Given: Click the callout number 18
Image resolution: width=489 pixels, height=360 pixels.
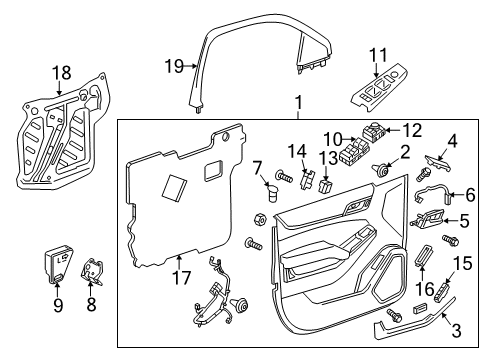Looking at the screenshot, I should click(x=62, y=72).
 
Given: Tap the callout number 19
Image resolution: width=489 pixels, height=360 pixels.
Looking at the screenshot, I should click(x=174, y=67).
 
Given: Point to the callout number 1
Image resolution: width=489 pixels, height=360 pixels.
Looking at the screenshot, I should click(x=297, y=103).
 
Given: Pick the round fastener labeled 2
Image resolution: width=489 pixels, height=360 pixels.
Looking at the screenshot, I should click(x=381, y=172).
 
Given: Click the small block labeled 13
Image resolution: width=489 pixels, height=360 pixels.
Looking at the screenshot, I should click(x=327, y=183).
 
